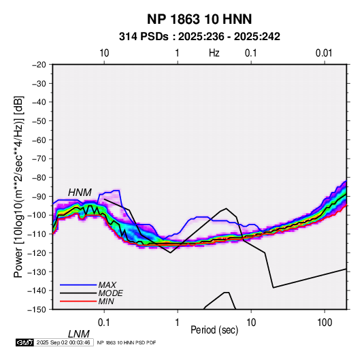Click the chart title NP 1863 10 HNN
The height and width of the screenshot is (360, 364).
point(199,19)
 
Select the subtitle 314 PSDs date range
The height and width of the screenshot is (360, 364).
point(199,37)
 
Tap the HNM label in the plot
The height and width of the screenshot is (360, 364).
point(80,193)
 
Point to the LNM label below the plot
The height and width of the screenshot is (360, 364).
point(78,334)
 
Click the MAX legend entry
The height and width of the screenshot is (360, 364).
point(107,284)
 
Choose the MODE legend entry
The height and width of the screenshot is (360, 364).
point(110,293)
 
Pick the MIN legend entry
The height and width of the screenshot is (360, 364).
point(106,301)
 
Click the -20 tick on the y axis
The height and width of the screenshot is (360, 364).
point(39,65)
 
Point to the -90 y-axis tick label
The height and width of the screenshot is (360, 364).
point(39,196)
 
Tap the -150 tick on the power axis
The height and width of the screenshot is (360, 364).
point(37,310)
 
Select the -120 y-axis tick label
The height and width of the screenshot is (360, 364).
point(37,252)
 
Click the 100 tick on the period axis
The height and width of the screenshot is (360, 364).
point(325,323)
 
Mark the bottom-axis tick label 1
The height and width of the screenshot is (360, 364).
point(178,323)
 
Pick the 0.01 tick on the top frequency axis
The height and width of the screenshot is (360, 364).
point(324,53)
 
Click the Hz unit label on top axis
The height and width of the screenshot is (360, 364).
point(214,53)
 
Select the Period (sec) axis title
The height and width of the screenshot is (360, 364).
point(214,330)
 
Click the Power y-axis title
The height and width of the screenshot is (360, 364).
point(18,186)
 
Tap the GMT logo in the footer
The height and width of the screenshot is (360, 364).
point(24,342)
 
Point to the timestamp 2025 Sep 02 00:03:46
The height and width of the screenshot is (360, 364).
point(63,342)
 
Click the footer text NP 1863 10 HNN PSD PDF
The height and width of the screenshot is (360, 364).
point(127,342)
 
